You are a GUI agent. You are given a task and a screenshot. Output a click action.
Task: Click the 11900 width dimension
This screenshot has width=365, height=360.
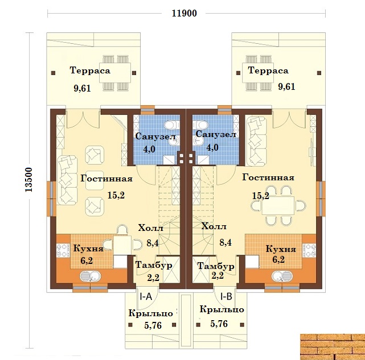(184, 13)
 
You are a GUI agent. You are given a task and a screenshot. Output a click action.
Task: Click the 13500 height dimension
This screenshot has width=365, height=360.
(29, 180)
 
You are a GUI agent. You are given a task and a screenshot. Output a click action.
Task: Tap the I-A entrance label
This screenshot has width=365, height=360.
(146, 296)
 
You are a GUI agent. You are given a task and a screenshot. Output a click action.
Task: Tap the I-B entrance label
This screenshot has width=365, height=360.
(226, 296)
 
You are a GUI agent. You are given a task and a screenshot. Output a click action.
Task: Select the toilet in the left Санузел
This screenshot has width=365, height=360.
(172, 125)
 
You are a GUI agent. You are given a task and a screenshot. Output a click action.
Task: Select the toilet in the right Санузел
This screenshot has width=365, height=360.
(200, 125)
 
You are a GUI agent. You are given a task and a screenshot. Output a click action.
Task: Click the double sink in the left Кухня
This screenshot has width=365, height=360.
(90, 276)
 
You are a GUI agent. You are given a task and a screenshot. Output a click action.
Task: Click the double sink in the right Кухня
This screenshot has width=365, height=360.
(282, 276)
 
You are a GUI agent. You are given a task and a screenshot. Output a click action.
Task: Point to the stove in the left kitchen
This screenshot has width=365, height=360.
(63, 250)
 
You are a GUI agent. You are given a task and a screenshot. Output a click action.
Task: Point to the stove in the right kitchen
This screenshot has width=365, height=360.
(309, 250)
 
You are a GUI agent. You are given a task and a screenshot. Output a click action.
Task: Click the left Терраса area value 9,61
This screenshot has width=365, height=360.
(82, 88)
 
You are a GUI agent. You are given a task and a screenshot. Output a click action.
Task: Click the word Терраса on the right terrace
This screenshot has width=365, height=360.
(268, 70)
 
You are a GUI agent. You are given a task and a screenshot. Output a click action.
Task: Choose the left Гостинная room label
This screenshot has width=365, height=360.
(106, 179)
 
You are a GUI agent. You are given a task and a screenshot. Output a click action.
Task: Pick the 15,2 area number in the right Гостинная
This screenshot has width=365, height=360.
(261, 196)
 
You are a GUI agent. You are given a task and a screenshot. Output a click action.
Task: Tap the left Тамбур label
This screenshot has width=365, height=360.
(154, 265)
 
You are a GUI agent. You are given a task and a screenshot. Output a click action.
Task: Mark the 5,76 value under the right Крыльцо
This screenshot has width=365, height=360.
(219, 324)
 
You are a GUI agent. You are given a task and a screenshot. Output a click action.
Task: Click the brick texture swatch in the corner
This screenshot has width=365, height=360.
(333, 347)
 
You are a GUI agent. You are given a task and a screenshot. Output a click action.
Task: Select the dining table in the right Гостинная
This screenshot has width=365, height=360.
(278, 205)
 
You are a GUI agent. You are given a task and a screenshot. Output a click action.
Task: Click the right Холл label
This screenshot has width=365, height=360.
(214, 226)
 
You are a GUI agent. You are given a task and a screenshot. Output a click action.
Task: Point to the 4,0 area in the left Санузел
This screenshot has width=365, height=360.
(149, 149)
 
